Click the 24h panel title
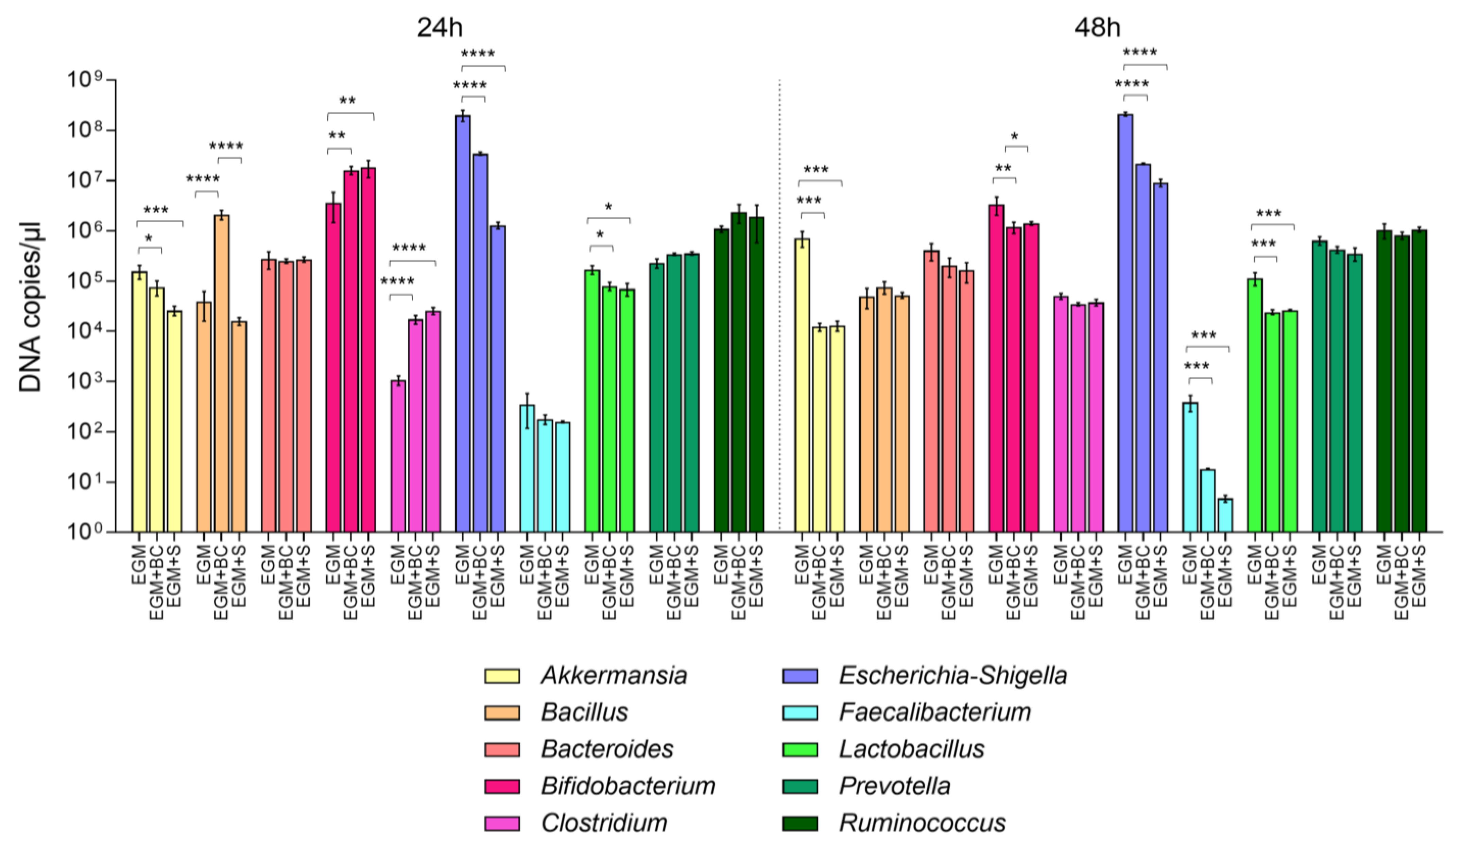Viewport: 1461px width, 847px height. pos(440,27)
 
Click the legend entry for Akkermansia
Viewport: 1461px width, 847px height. pos(586,675)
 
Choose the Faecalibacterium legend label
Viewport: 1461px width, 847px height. pos(934,712)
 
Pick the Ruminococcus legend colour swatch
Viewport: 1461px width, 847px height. pos(800,823)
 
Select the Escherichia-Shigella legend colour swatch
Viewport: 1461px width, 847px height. pos(800,675)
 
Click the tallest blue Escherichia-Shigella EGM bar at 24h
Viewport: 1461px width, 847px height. pos(463,324)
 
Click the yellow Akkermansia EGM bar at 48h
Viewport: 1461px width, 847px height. pos(802,385)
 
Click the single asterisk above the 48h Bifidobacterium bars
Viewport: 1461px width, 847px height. pos(1015,137)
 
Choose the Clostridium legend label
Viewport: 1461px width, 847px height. pos(604,823)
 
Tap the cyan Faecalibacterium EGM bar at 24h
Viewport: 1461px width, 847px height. pos(527,468)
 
